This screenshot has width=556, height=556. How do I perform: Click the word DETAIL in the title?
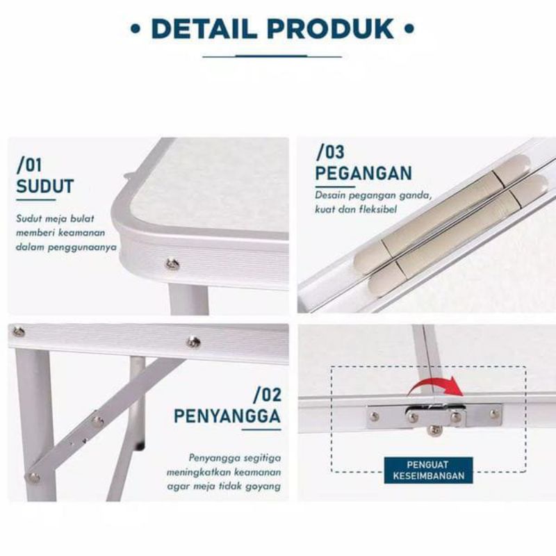(204, 28)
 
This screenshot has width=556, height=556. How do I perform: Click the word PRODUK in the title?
(330, 28)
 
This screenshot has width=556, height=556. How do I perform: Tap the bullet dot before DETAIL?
(135, 28)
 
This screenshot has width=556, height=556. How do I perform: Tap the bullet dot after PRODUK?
(409, 28)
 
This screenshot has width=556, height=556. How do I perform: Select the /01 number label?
(29, 165)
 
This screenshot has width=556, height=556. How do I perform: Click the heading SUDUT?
(45, 186)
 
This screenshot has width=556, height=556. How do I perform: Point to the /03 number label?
(329, 152)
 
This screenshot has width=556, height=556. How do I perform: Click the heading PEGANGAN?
(363, 173)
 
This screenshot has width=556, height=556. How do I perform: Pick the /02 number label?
(268, 395)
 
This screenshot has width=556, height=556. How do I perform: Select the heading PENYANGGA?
(227, 416)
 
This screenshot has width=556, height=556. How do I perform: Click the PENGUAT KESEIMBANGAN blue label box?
(428, 471)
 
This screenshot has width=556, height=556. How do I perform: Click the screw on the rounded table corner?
(172, 264)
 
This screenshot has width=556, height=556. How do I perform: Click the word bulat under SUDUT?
(82, 218)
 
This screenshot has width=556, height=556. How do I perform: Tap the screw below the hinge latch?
(435, 430)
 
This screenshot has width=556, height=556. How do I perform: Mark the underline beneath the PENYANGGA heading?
(262, 430)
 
